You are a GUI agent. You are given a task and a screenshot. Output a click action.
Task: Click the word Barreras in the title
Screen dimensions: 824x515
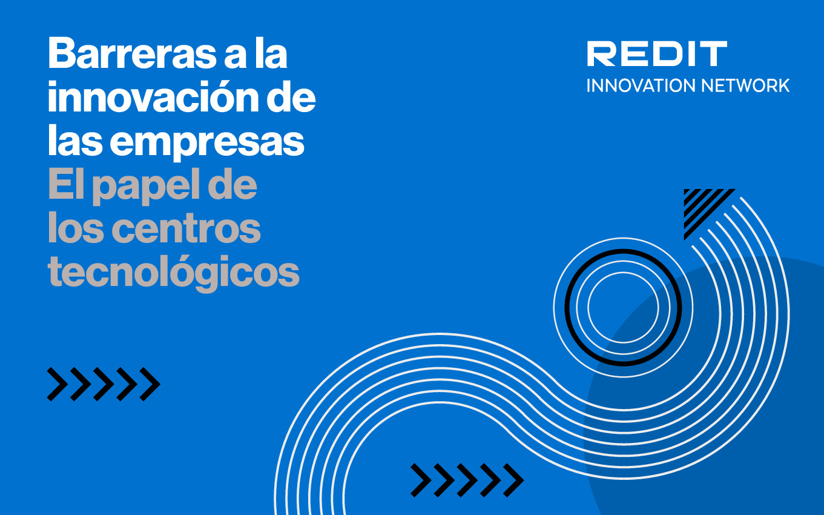coord(132,53)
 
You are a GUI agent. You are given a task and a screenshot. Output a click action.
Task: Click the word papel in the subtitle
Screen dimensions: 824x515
coord(147,186)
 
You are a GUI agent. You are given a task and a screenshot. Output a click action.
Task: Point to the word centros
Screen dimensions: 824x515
coord(186,228)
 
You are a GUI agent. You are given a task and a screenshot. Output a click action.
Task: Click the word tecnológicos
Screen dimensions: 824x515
coord(173,273)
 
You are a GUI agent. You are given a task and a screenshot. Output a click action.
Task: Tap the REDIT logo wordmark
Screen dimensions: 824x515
coord(657,54)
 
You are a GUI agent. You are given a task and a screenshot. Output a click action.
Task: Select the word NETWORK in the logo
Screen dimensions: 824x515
coord(745,85)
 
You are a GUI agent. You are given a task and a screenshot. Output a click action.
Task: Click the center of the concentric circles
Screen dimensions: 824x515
coord(623,307)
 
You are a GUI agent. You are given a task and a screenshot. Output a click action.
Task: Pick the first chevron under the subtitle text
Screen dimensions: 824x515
coord(58,384)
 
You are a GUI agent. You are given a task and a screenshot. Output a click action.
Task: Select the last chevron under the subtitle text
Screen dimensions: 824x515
coord(150,384)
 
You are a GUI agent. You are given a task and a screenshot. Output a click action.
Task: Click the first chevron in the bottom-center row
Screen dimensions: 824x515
coord(421,480)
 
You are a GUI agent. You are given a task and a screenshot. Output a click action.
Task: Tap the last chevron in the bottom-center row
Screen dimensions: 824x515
coord(513,480)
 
